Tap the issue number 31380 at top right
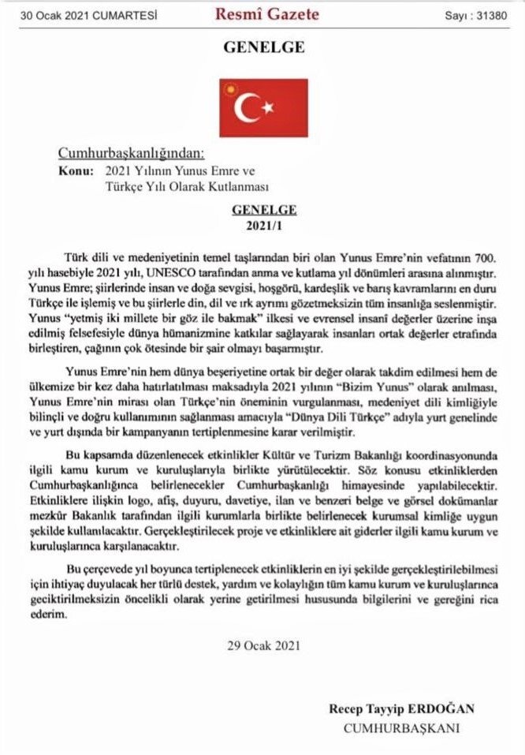click(490, 14)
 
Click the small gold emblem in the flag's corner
click(230, 84)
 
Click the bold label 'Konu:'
click(74, 170)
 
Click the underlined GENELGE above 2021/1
click(263, 211)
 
